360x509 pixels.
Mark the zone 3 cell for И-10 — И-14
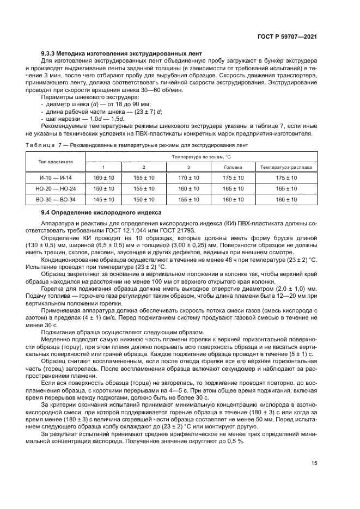point(188,177)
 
